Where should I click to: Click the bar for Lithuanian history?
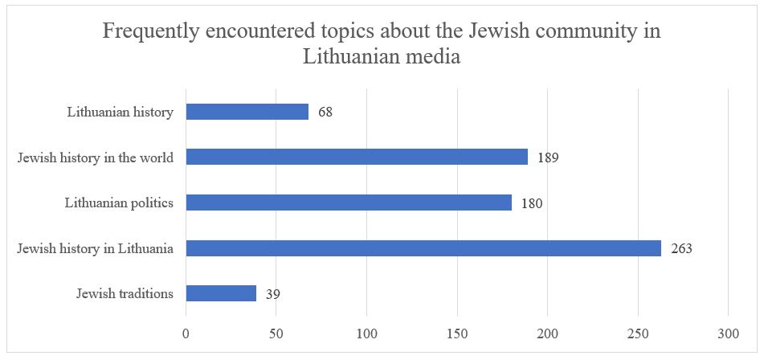click(247, 112)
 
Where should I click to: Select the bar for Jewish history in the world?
click(357, 157)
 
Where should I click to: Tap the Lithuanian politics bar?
click(349, 202)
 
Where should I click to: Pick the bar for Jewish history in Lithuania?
click(423, 248)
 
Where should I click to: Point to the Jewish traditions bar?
click(221, 293)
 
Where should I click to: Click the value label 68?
click(325, 112)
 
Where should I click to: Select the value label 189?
click(548, 157)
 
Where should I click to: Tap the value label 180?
click(532, 203)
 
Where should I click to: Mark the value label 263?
click(681, 248)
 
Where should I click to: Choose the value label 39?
click(272, 294)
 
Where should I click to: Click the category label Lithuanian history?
click(120, 112)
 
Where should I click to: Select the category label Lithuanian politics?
click(119, 202)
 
